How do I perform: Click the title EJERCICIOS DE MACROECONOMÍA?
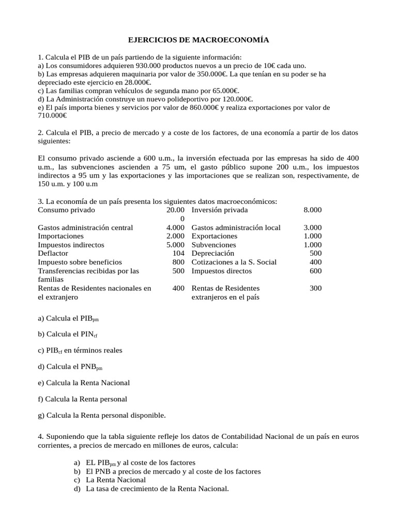point(198,40)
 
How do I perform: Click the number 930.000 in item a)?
point(150,66)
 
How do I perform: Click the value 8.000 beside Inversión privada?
point(312,210)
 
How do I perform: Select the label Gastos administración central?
point(85,228)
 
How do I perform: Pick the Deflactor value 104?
point(178,254)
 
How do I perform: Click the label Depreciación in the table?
point(212,254)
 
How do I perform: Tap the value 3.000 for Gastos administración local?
point(312,228)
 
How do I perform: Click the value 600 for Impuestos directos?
point(315,271)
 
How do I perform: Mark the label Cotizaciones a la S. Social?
point(234,262)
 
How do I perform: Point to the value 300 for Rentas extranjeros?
point(315,288)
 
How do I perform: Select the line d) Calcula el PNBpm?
point(70,367)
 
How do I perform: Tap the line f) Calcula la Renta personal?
point(82,399)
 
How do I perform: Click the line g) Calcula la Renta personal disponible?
point(102,415)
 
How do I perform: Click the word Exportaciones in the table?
point(215,236)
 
